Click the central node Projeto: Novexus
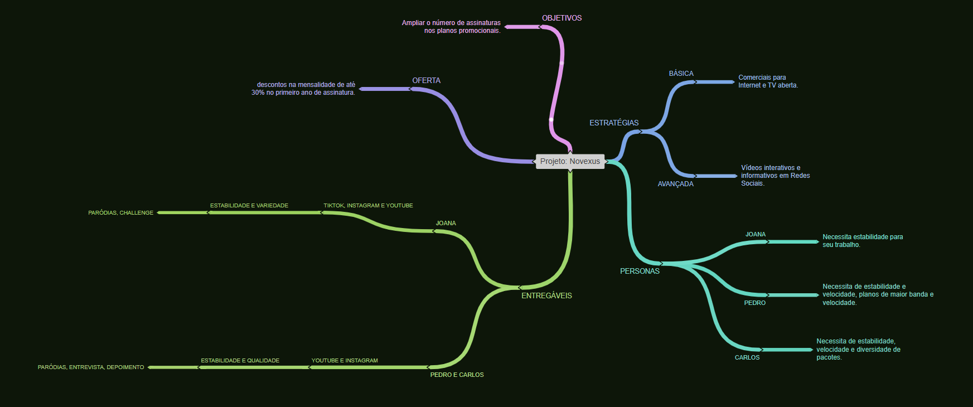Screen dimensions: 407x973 click(570, 162)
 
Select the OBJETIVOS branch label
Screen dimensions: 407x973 click(561, 18)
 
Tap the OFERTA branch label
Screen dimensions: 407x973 click(426, 81)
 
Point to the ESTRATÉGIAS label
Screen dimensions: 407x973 click(614, 123)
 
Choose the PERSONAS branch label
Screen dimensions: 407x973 click(640, 272)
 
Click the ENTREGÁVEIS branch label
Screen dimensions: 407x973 click(546, 296)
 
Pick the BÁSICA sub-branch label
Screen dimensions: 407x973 click(681, 74)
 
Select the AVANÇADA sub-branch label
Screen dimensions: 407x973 click(675, 184)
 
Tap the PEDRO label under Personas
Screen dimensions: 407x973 click(754, 303)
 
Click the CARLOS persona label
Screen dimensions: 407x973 click(747, 358)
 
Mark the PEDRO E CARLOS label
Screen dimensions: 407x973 click(457, 375)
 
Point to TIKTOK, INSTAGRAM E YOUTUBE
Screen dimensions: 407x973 click(368, 206)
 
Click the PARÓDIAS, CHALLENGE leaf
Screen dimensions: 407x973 click(120, 213)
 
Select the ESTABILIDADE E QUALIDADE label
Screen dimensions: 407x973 click(240, 361)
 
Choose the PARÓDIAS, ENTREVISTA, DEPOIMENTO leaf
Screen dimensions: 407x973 click(91, 367)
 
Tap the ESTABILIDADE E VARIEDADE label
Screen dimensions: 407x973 click(249, 206)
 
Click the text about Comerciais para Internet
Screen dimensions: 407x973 click(768, 81)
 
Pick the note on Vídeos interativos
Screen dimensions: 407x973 click(775, 176)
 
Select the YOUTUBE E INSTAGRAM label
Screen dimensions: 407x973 click(344, 361)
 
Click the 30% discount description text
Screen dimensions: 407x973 click(303, 89)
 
